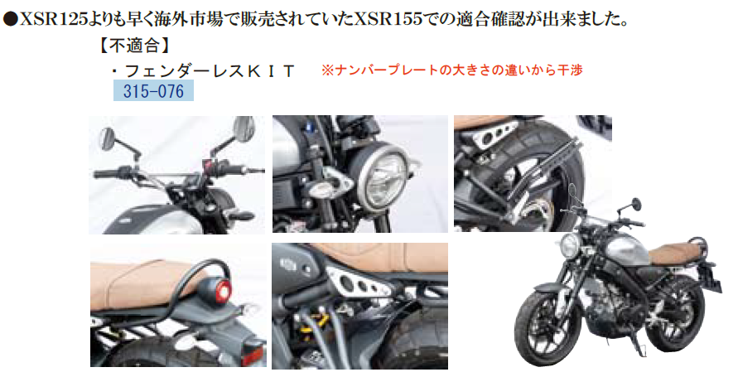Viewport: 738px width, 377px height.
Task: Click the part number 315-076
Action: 153,90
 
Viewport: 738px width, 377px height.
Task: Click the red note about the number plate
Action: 452,70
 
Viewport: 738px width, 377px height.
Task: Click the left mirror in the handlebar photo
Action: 109,137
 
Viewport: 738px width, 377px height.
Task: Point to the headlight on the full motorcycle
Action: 569,246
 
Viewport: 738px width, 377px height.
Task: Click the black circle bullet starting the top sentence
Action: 10,17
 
